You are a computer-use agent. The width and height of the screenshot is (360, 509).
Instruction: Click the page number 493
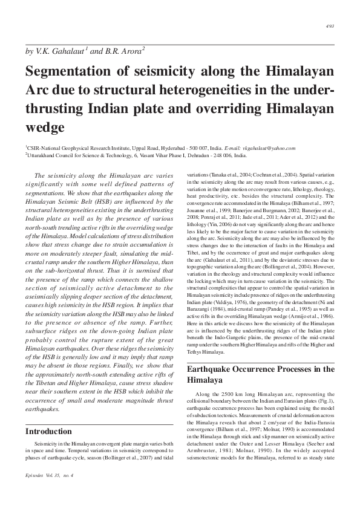330,27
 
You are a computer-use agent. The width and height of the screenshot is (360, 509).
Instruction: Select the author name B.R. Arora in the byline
123,52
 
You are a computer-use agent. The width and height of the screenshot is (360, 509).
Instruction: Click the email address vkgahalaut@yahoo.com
269,148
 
